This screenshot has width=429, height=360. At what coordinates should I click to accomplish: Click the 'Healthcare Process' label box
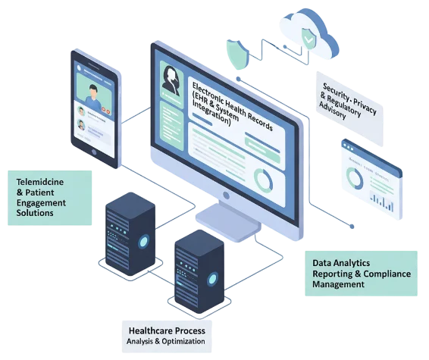(167, 336)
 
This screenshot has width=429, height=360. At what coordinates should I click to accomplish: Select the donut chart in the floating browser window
(354, 179)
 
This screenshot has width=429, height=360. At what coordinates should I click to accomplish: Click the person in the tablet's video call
(92, 94)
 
